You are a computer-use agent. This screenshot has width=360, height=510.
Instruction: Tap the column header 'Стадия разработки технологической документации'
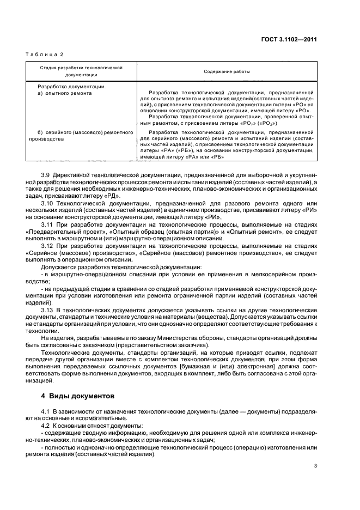point(81,71)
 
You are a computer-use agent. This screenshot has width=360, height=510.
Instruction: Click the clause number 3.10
point(48,203)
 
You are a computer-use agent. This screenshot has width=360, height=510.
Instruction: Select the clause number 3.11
point(48,224)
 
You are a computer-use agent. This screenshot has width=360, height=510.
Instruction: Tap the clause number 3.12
point(48,246)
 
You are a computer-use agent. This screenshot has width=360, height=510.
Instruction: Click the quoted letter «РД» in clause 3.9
point(112,196)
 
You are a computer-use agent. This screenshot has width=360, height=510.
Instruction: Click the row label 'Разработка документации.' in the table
point(71,86)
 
